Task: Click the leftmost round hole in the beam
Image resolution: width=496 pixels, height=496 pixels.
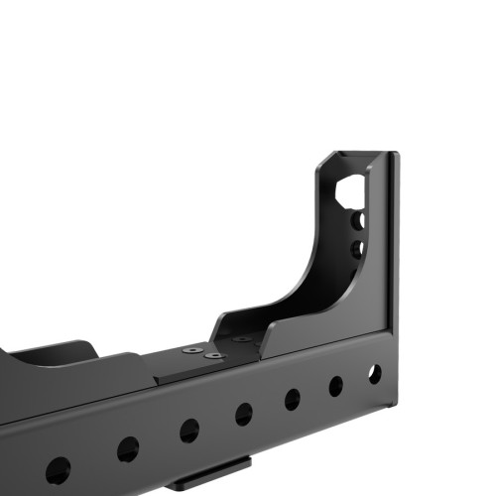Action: [58, 469]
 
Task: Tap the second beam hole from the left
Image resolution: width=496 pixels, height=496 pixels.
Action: [128, 449]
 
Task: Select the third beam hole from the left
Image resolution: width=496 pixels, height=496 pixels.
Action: [188, 431]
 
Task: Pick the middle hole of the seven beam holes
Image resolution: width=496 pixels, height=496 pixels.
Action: [243, 414]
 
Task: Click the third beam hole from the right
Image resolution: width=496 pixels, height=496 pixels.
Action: [293, 399]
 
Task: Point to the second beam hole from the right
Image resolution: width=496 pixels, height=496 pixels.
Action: [336, 386]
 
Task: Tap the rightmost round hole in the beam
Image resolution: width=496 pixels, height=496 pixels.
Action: [374, 374]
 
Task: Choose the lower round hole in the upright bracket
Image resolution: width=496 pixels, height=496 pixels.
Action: [358, 246]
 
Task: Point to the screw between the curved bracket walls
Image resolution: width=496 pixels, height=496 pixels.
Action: [241, 338]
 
